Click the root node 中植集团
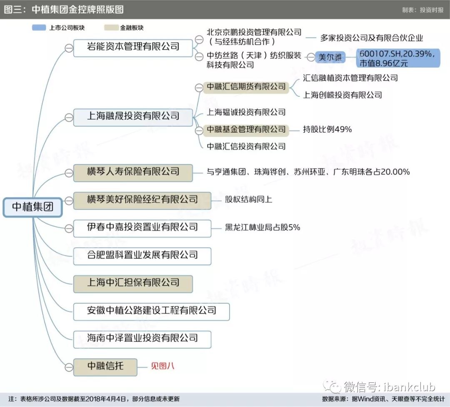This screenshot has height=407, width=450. point(33,207)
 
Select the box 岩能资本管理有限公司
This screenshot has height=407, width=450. point(133,48)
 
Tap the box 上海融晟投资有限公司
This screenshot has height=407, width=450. point(133,117)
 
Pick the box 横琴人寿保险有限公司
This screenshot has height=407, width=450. point(133,173)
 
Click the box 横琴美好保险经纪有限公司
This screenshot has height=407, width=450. point(142,201)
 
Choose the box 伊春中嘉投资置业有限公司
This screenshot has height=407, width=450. point(142,229)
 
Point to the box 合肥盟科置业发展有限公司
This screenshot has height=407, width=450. point(142,256)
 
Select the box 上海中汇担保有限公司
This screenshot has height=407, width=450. point(133,284)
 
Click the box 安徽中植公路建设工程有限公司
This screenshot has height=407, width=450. point(152,312)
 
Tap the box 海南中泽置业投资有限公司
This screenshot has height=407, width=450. point(142,339)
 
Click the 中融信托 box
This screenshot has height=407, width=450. point(105,367)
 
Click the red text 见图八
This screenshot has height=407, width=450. point(162,366)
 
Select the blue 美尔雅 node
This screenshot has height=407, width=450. point(330,58)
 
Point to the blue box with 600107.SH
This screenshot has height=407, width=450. point(398,58)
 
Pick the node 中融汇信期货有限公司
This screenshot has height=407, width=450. point(246,87)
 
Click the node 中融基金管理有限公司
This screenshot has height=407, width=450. point(246,130)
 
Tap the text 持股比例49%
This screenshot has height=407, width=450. point(327,129)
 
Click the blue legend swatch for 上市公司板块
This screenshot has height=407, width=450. point(39,28)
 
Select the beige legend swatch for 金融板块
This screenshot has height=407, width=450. point(111,28)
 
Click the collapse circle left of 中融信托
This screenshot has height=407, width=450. point(69,367)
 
